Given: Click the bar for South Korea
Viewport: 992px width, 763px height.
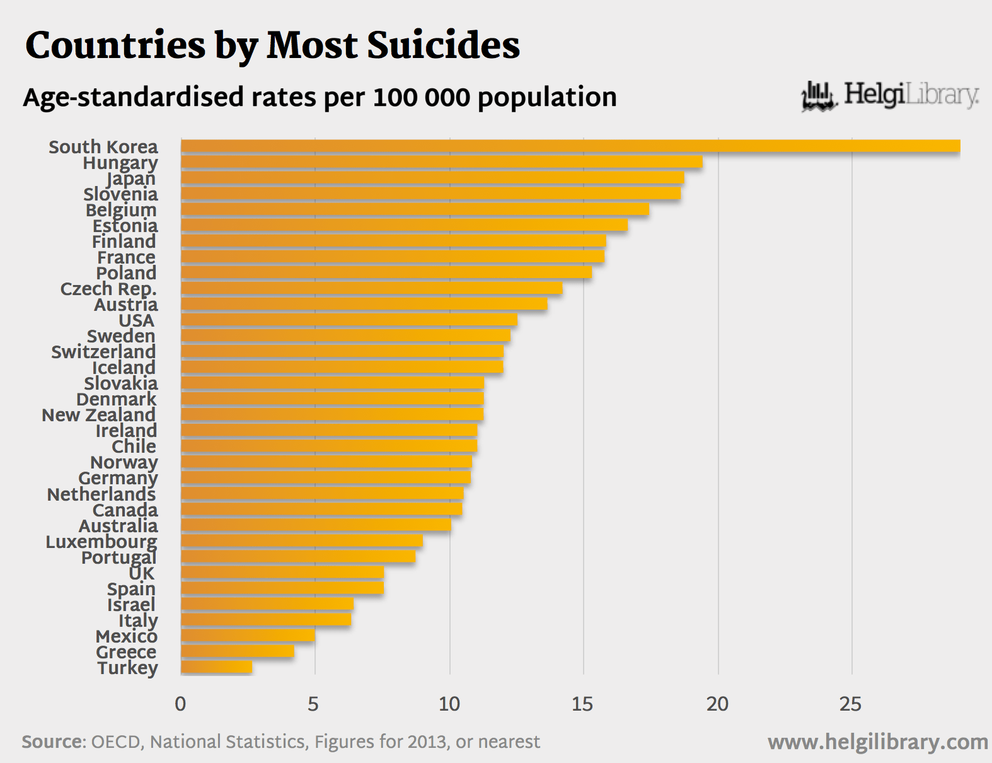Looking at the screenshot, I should pyautogui.click(x=570, y=146).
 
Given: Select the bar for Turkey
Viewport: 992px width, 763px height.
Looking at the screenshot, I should pyautogui.click(x=216, y=667).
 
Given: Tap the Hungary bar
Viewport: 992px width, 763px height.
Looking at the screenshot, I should pyautogui.click(x=441, y=162).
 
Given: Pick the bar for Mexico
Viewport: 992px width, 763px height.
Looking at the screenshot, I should pyautogui.click(x=248, y=636).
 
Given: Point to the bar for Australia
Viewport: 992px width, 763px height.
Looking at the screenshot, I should pyautogui.click(x=315, y=525).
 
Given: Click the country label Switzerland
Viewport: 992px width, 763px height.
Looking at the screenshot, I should pyautogui.click(x=103, y=352).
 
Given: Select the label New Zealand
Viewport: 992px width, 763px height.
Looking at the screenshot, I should pyautogui.click(x=99, y=415).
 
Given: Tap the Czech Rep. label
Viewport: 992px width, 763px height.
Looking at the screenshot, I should pyautogui.click(x=108, y=289).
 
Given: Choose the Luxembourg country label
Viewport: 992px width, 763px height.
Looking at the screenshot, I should pyautogui.click(x=101, y=542).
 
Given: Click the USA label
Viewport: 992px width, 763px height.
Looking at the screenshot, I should pyautogui.click(x=137, y=320).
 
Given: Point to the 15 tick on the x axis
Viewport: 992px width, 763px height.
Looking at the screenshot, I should pyautogui.click(x=582, y=704).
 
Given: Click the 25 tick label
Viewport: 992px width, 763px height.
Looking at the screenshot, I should pyautogui.click(x=850, y=704).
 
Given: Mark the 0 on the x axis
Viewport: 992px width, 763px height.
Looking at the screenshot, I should pyautogui.click(x=180, y=704).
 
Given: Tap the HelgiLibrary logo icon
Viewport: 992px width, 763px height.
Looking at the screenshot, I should pyautogui.click(x=819, y=96).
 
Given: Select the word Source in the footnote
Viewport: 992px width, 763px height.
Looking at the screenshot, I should pyautogui.click(x=53, y=742).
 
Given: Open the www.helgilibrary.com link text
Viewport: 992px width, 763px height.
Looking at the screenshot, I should pyautogui.click(x=877, y=742).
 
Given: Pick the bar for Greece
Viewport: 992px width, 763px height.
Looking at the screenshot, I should pyautogui.click(x=237, y=651).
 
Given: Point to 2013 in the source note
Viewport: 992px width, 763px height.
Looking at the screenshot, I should pyautogui.click(x=427, y=742).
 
